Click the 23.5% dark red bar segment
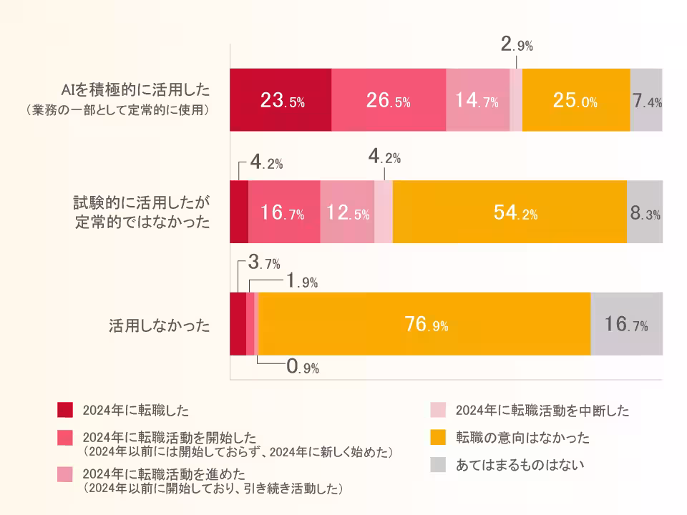point(281,100)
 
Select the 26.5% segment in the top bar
point(389,100)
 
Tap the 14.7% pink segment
point(477,100)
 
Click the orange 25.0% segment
point(575,100)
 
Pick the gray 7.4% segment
point(646,100)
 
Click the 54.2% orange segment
point(510,212)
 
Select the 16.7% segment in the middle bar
point(283,212)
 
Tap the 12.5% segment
point(347,212)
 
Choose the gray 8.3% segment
point(645,212)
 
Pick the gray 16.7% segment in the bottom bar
point(626,325)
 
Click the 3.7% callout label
point(263,263)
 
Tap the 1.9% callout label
point(301,282)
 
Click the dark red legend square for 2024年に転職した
point(65,410)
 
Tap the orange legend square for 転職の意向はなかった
point(438,437)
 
